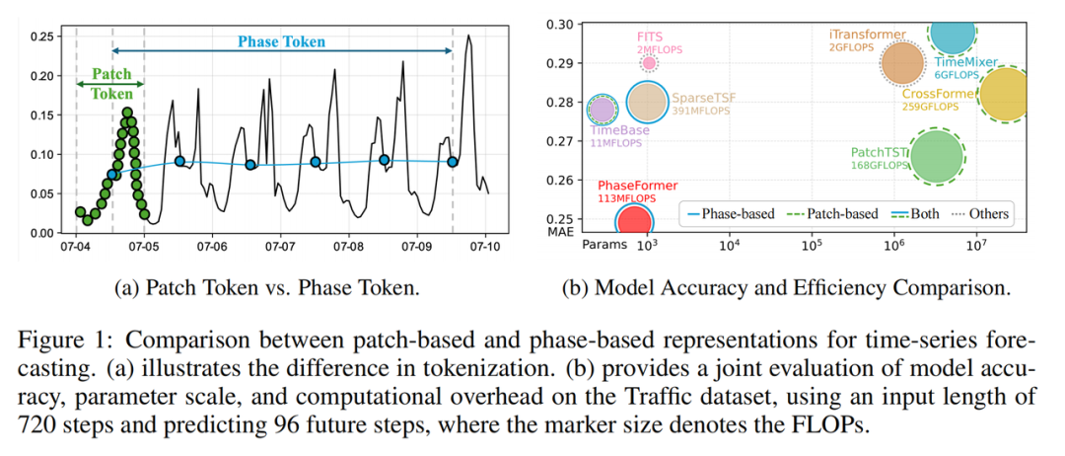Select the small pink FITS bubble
[648, 63]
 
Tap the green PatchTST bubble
[936, 156]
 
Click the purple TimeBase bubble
[603, 109]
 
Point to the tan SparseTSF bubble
[647, 102]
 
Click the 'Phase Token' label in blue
[281, 42]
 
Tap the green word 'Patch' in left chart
[110, 74]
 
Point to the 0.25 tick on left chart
[42, 37]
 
